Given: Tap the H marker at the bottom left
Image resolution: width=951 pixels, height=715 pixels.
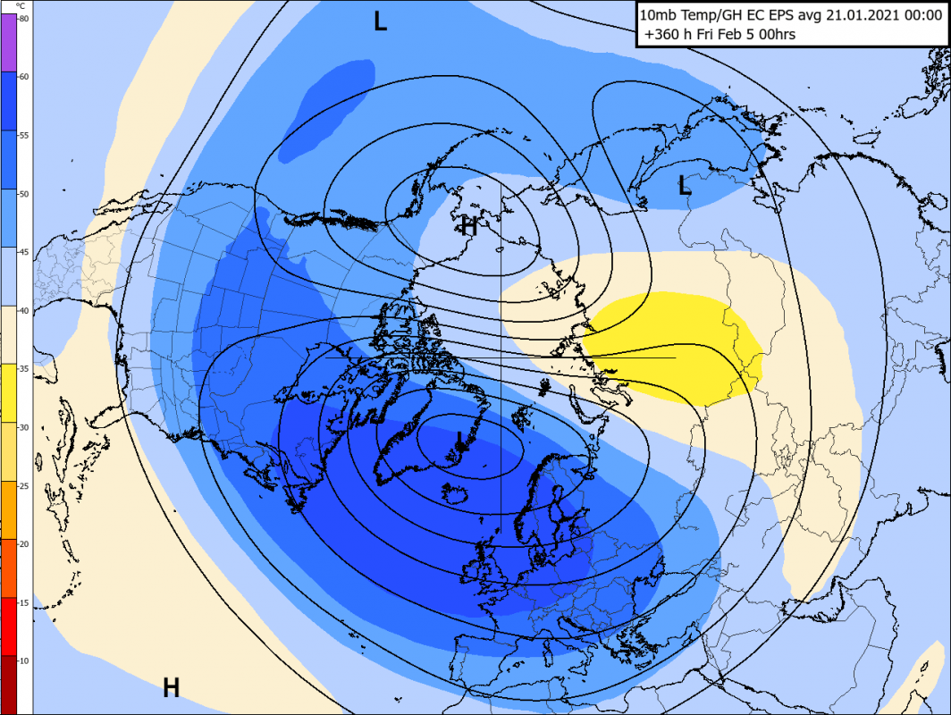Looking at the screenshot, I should [171, 687].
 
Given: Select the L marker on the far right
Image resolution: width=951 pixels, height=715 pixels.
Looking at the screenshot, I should [684, 186].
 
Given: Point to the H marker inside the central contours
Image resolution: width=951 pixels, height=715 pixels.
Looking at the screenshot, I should [468, 226].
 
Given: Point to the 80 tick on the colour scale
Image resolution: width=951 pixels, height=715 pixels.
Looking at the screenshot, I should [23, 19].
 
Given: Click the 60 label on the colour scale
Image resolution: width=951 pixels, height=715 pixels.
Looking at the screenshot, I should [23, 77].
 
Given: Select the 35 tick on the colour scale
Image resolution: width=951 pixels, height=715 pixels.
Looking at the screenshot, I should [23, 368].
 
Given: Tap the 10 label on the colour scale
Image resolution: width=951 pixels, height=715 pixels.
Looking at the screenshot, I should [23, 660].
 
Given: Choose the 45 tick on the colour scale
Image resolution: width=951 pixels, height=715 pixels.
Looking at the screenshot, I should [23, 252].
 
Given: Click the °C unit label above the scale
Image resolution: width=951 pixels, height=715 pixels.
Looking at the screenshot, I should [21, 6].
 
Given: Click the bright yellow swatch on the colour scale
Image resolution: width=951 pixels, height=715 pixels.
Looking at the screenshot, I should [8, 392].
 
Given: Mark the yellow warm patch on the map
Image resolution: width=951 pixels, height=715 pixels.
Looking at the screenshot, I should [679, 349].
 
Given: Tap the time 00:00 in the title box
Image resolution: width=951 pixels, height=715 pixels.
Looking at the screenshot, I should [920, 15].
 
